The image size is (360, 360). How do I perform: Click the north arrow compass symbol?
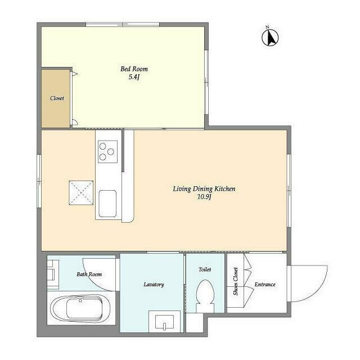[271, 37]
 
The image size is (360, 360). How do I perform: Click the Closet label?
[57, 98]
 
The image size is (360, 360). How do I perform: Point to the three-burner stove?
[107, 150]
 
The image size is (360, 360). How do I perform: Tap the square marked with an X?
[81, 192]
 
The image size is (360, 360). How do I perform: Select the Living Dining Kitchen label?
[204, 189]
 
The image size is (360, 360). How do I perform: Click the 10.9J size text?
[204, 197]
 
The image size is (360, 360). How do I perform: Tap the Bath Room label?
[89, 274]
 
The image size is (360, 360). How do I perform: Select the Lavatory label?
[153, 284]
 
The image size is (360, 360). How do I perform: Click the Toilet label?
[205, 269]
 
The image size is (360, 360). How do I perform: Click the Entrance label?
[265, 284]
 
